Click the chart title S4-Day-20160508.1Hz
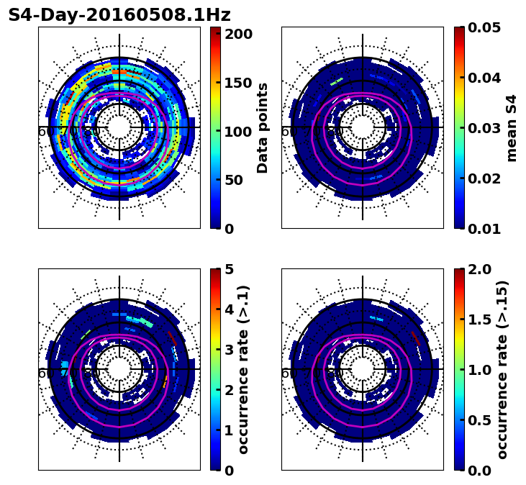pyautogui.click(x=119, y=15)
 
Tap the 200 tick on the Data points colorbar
pyautogui.click(x=238, y=34)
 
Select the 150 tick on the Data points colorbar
pyautogui.click(x=238, y=83)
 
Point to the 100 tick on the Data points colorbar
pyautogui.click(x=238, y=132)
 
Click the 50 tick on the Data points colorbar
pyautogui.click(x=238, y=180)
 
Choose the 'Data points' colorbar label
pyautogui.click(x=263, y=128)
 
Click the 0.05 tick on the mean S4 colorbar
pyautogui.click(x=486, y=27)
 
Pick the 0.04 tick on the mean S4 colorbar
pyautogui.click(x=486, y=78)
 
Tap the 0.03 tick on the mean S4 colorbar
pyautogui.click(x=486, y=128)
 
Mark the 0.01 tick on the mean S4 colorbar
pyautogui.click(x=486, y=229)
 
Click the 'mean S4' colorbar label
pyautogui.click(x=512, y=128)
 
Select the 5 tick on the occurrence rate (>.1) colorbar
pyautogui.click(x=230, y=269)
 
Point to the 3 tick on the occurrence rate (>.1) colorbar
pyautogui.click(x=230, y=350)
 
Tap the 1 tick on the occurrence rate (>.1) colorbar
pyautogui.click(x=230, y=430)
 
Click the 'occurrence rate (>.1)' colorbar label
pyautogui.click(x=244, y=370)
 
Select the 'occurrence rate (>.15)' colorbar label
pyautogui.click(x=502, y=370)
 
